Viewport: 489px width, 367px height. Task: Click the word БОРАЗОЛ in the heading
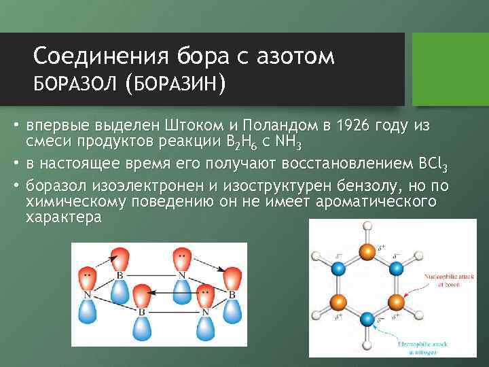point(75,86)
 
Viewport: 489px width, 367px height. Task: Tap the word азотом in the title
point(295,56)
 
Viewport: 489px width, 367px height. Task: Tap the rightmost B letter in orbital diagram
point(233,295)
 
